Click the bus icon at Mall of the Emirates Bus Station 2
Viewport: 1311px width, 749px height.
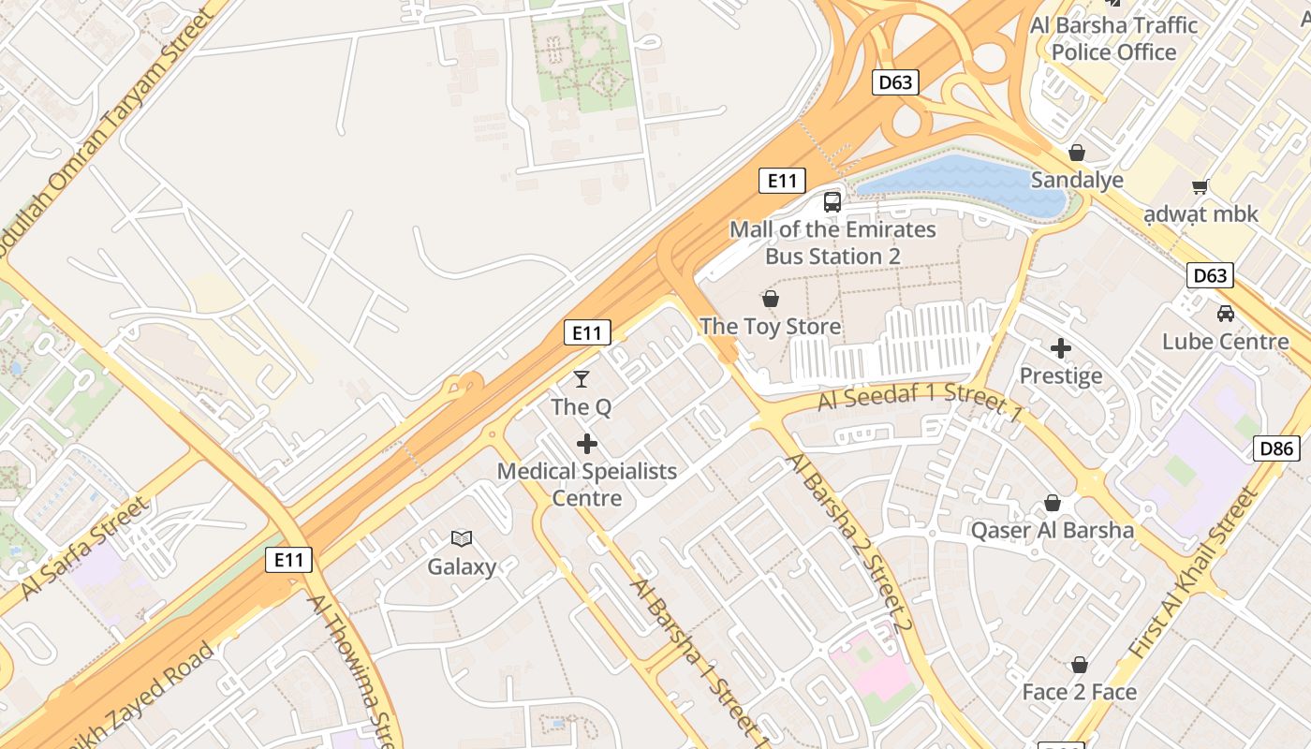832,201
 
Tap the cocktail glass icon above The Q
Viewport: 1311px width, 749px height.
582,379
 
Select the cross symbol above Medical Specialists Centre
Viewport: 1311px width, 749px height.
587,443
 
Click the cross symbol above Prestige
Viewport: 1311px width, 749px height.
1060,348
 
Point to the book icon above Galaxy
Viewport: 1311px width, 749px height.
462,538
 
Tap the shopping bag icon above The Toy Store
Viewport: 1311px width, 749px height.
770,299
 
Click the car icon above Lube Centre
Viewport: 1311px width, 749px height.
1225,313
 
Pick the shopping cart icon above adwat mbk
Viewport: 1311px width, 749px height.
1201,186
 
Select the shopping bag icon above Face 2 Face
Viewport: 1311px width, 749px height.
1079,665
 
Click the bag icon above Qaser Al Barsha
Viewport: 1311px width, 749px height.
1053,503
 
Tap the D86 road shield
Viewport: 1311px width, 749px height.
1276,448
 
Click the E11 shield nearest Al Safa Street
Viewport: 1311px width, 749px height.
288,560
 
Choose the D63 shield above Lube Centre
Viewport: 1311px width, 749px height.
1210,275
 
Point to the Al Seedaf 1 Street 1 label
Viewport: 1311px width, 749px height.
920,398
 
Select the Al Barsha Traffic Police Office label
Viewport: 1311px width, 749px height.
1113,38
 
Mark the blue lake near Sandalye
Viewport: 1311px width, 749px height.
965,183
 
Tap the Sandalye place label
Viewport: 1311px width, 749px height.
1077,180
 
